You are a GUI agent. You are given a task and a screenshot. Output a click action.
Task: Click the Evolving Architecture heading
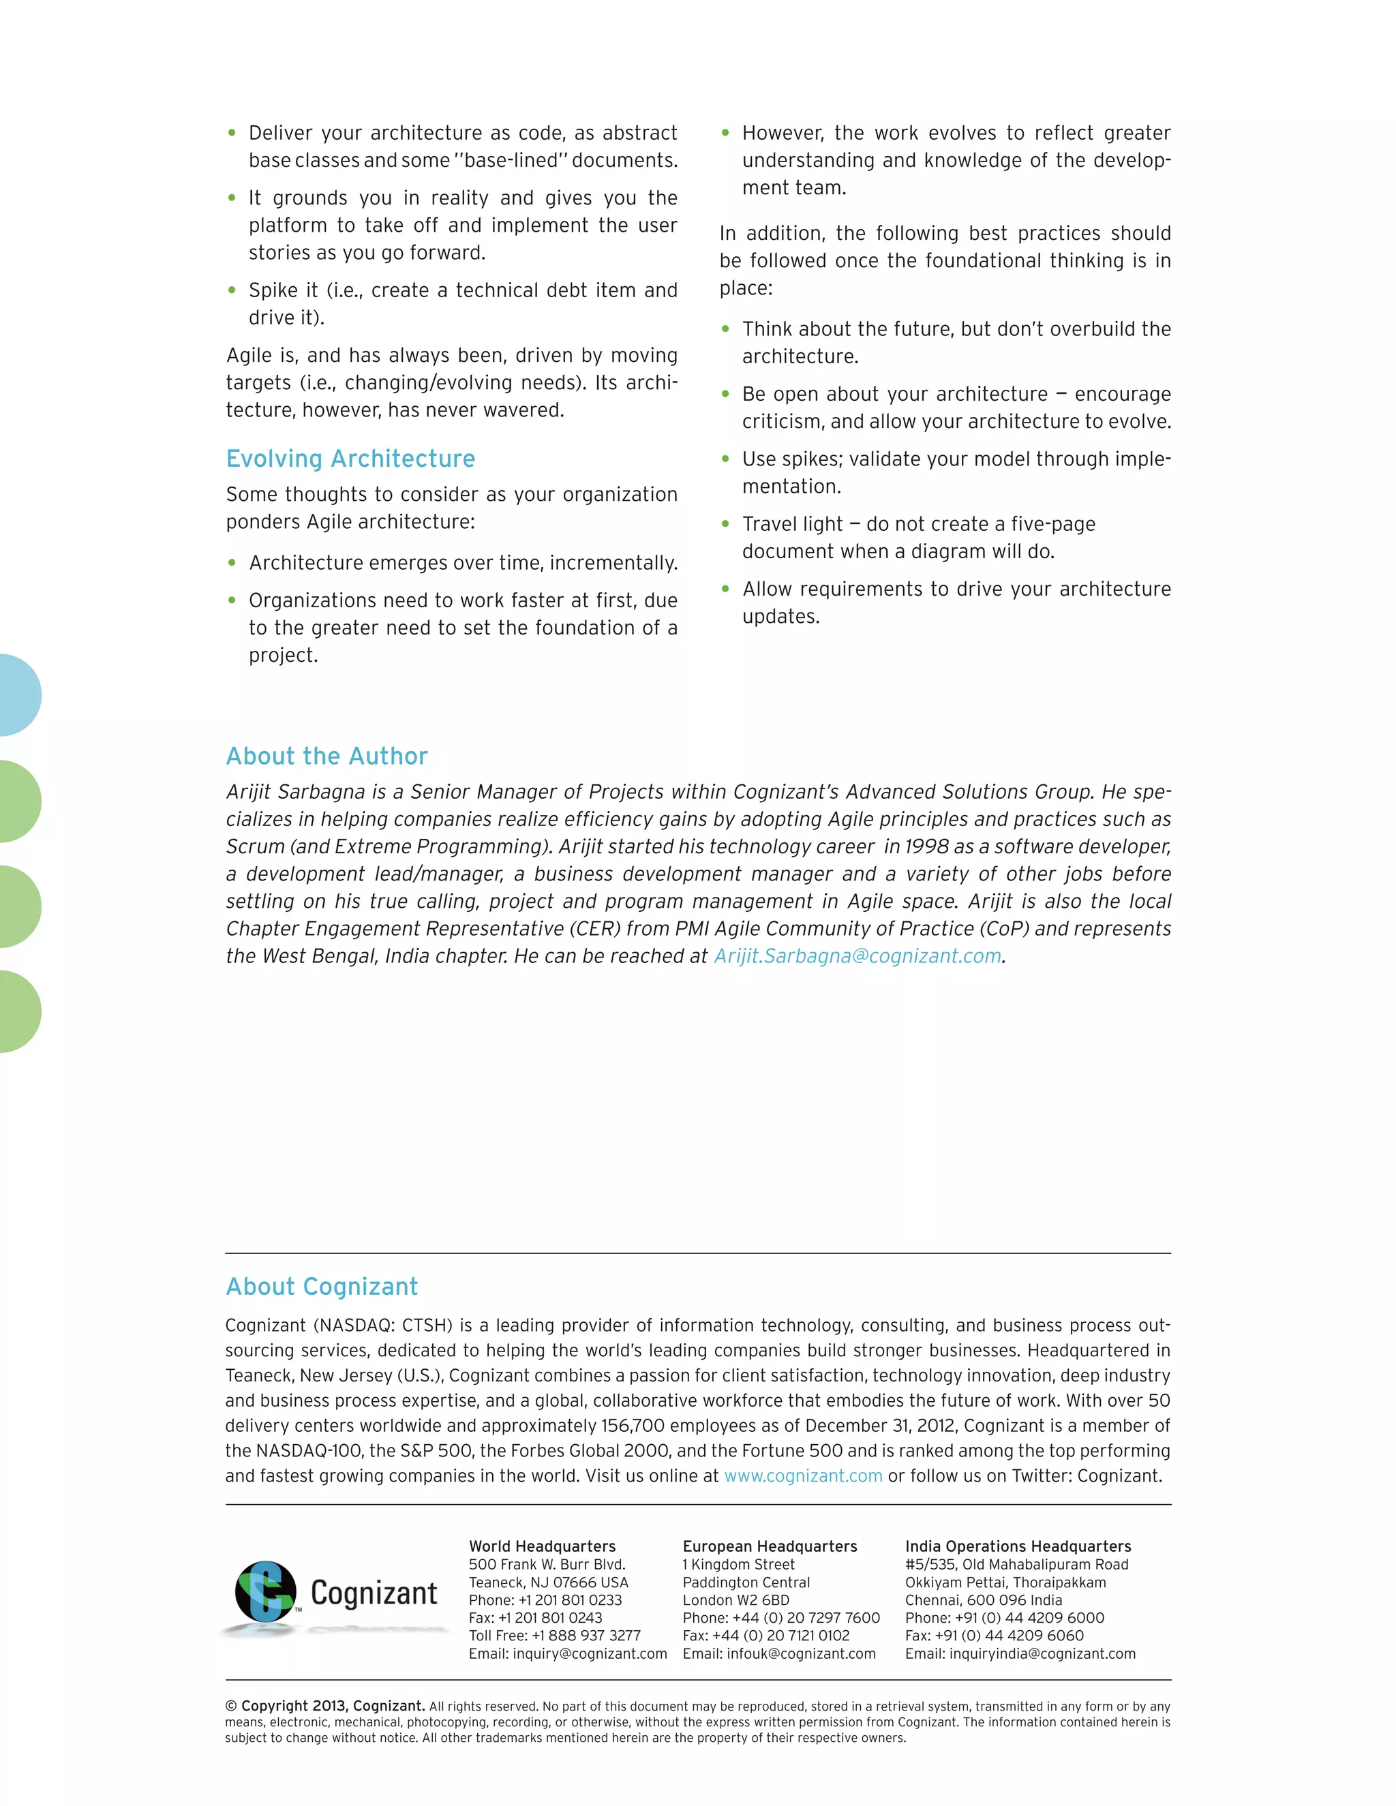(x=350, y=459)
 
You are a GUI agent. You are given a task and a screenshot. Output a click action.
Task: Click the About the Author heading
(x=327, y=756)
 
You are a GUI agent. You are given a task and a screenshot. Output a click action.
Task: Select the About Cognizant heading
(x=322, y=1287)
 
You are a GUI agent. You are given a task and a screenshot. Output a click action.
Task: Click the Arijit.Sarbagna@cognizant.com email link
(x=858, y=956)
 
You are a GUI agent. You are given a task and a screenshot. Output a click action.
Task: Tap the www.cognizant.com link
(x=803, y=1476)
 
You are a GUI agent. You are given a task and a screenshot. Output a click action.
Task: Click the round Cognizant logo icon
(x=265, y=1591)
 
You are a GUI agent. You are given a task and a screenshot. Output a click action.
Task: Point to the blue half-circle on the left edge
(x=18, y=694)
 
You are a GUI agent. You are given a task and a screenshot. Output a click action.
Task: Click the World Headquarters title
(x=542, y=1546)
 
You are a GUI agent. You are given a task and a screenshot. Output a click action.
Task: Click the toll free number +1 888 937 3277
(x=586, y=1636)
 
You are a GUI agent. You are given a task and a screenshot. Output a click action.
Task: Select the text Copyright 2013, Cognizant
(x=333, y=1706)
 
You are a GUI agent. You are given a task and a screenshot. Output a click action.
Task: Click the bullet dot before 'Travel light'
(x=725, y=523)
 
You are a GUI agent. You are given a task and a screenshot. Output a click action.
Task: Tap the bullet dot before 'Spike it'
(x=232, y=290)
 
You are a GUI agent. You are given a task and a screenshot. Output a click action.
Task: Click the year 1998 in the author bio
(x=926, y=846)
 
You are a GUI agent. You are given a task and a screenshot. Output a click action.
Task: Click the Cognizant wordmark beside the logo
(x=374, y=1593)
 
